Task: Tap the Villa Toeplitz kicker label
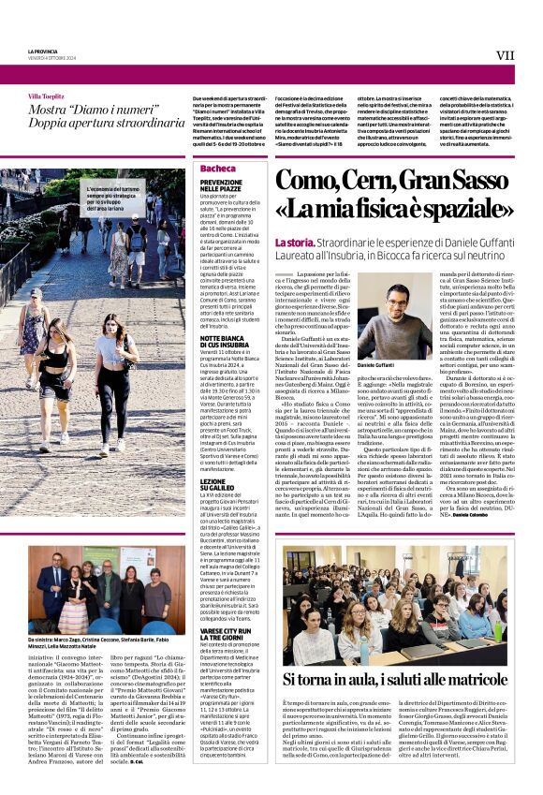(47, 96)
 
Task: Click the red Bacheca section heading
(217, 168)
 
